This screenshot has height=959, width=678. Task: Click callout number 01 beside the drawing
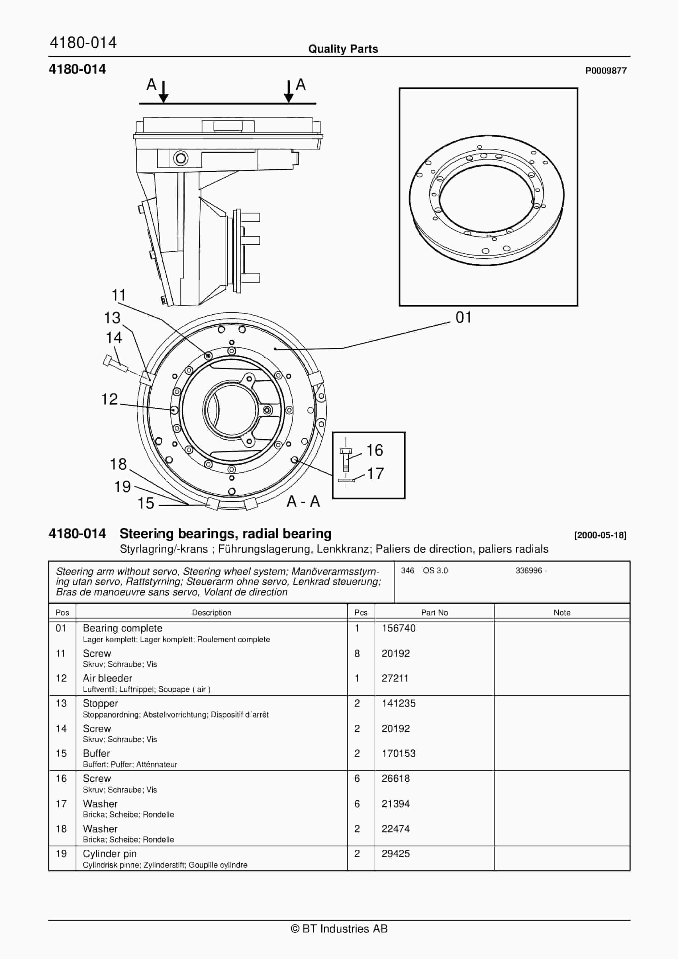tap(463, 317)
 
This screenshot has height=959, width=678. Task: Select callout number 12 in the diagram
tap(109, 399)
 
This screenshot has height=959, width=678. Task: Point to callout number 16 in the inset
tap(375, 450)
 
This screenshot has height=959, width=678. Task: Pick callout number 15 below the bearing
tap(146, 503)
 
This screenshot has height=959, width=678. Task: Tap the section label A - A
tap(303, 502)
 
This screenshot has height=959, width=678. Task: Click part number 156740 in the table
tap(398, 628)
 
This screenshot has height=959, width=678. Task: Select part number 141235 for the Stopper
tap(398, 703)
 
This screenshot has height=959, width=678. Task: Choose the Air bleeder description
tap(107, 678)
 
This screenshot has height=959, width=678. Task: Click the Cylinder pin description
tap(109, 854)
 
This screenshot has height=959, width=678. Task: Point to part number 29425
tap(395, 854)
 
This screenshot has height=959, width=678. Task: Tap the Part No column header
tap(434, 613)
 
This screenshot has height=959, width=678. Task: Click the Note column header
tap(562, 613)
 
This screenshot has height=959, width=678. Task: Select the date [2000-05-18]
tap(600, 535)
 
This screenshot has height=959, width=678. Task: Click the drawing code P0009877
tap(606, 71)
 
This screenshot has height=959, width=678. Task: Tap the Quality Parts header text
tap(343, 49)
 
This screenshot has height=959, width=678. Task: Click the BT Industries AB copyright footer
tap(339, 929)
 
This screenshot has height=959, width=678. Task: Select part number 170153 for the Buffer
tap(398, 753)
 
